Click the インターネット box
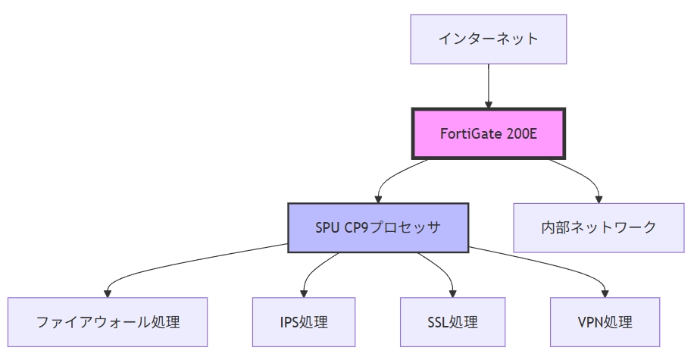point(488,39)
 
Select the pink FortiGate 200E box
point(488,133)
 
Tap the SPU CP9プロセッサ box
point(378,227)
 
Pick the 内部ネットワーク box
point(599,227)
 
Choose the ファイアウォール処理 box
point(108,322)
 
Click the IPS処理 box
point(304,322)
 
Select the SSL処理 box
point(452,322)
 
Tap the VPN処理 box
point(605,322)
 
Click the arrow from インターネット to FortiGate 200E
point(488,86)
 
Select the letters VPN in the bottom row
point(591,322)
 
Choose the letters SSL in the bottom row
point(439,322)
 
